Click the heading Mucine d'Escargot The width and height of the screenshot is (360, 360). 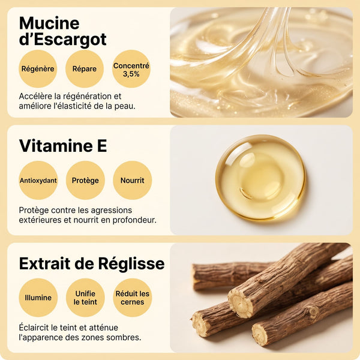(62, 31)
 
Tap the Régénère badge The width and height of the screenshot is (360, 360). (38, 68)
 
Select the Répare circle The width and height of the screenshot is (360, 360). (85, 68)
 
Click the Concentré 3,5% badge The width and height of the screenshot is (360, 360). (131, 68)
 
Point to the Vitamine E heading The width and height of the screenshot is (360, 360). (63, 146)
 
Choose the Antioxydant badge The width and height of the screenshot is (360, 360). (38, 180)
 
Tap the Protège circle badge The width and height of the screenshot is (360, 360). (85, 180)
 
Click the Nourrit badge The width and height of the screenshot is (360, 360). (133, 180)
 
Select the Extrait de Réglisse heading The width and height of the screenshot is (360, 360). (92, 263)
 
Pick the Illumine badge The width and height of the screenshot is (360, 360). (38, 298)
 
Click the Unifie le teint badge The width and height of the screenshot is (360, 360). (85, 298)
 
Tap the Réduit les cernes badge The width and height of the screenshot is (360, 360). (133, 298)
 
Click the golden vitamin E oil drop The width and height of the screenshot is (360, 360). (260, 178)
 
